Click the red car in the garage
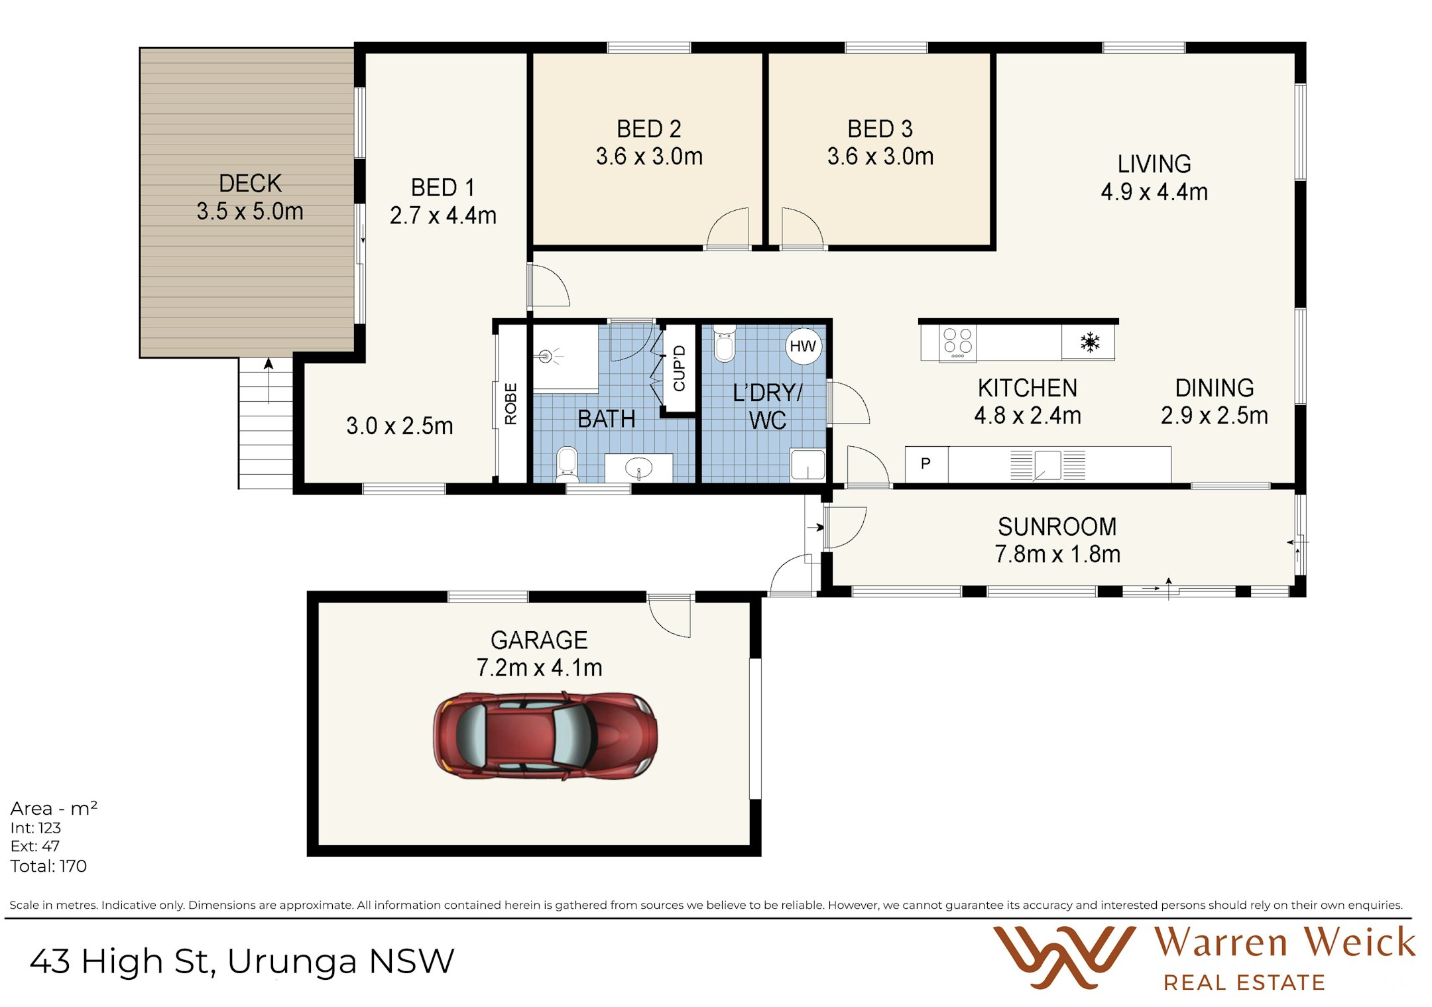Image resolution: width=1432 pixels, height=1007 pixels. point(545,736)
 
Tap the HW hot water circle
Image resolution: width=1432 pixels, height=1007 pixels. point(803,346)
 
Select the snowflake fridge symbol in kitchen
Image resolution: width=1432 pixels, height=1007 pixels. point(1090,343)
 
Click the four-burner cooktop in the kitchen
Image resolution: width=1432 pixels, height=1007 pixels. point(958,343)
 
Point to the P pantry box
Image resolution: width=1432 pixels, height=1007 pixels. point(926,463)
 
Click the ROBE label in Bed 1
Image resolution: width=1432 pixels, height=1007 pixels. point(510,404)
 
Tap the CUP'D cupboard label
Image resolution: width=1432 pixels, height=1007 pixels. point(679,369)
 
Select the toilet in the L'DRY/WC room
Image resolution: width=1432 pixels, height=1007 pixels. point(725,343)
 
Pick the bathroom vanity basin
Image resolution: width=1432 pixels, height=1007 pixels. point(639,468)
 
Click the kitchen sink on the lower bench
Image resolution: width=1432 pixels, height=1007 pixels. point(1047,465)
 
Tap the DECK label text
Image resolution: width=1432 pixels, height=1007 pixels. point(250,183)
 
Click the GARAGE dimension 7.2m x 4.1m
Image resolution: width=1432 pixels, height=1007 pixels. point(539,668)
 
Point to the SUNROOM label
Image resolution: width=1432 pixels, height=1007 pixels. point(1057,526)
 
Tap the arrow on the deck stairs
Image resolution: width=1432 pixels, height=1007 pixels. point(268,381)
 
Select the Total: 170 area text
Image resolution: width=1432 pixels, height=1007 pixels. point(48,866)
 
